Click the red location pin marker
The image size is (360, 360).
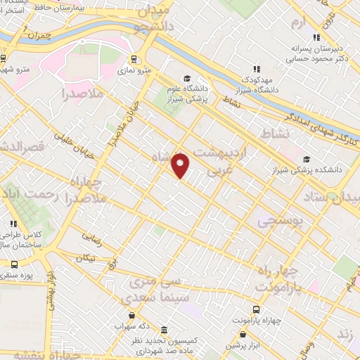pos(181,165)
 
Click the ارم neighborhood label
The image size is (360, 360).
pos(300,22)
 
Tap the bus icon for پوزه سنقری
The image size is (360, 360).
pos(15,264)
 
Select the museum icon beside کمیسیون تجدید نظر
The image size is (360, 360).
pos(163,329)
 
